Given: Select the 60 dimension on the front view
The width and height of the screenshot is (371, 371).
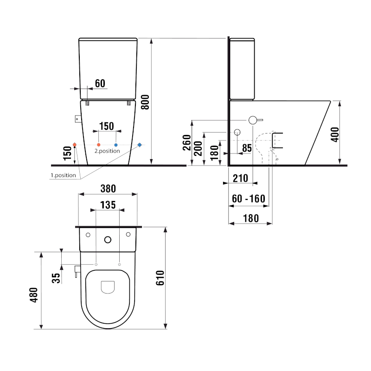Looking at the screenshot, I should (x=100, y=83).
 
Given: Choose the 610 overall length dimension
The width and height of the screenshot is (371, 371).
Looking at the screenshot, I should (x=160, y=277).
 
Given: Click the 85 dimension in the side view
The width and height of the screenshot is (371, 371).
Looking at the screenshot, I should (x=247, y=148).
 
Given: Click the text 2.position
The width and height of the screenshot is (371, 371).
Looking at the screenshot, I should (x=107, y=151).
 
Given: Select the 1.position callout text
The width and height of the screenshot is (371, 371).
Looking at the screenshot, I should (x=63, y=175).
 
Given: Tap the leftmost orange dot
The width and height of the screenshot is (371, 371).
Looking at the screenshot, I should (x=75, y=145).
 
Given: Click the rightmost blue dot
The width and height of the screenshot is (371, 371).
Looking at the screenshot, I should (x=140, y=145).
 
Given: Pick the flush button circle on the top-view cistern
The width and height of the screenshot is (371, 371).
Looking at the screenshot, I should (x=108, y=240).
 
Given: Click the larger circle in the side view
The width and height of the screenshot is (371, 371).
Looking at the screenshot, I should (x=253, y=120).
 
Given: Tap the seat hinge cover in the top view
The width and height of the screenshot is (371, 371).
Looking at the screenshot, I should (x=108, y=287).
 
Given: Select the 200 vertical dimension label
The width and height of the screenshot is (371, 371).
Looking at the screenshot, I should (x=198, y=147).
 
